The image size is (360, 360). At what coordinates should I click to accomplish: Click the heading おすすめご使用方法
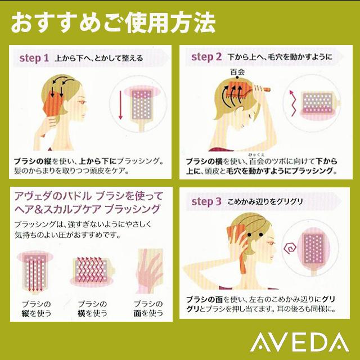point(112,24)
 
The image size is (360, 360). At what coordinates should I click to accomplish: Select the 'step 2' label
point(206,57)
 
